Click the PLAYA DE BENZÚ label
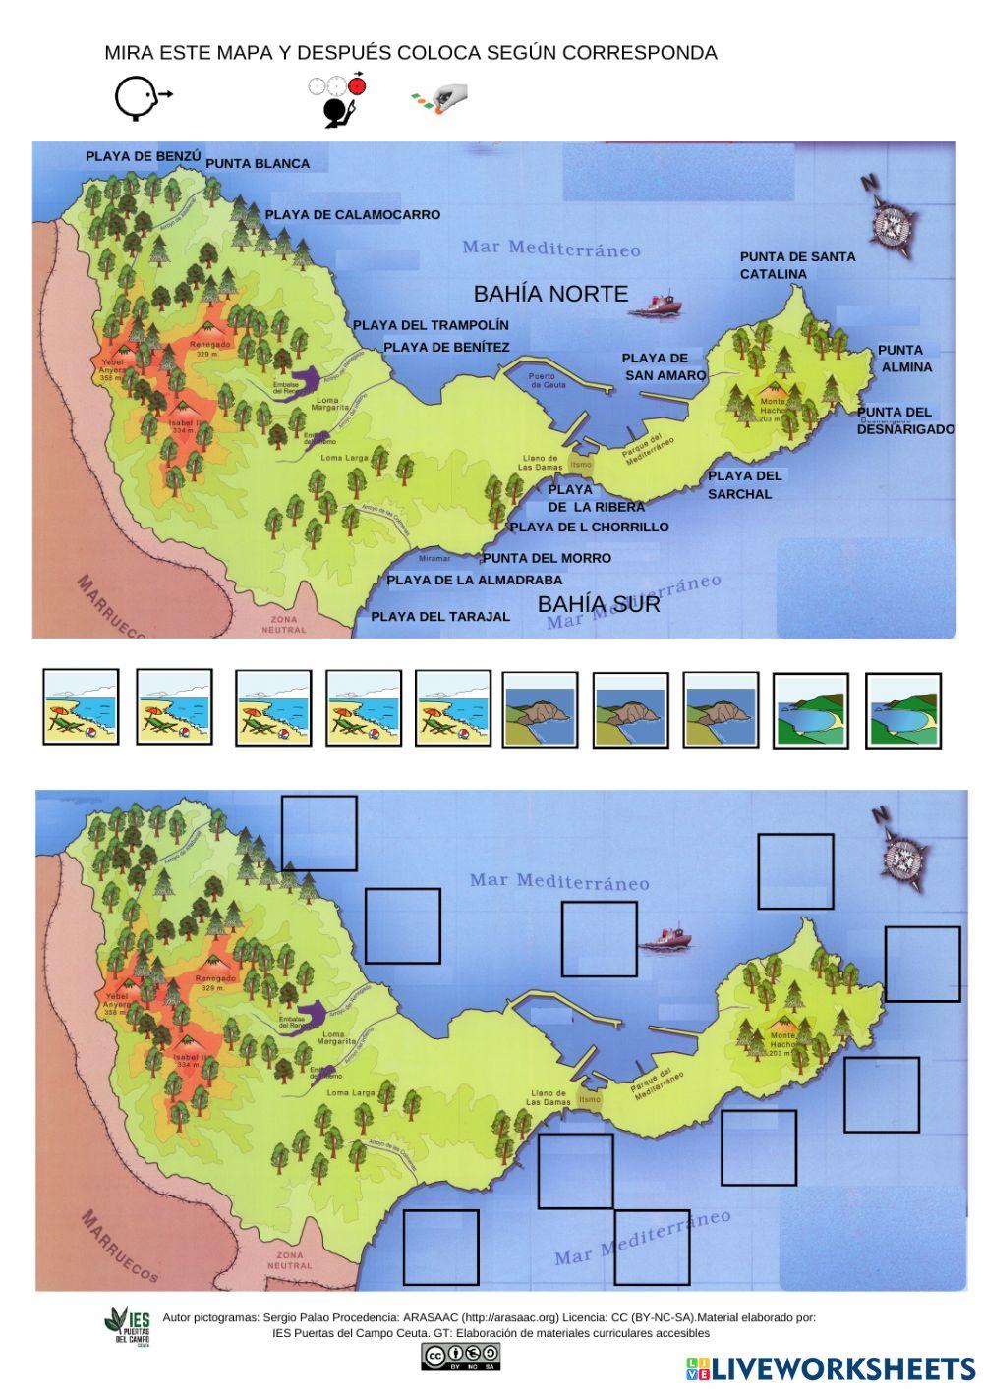[143, 156]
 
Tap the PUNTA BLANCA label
[258, 164]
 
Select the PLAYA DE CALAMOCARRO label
[352, 215]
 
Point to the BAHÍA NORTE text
[550, 294]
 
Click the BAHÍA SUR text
[599, 604]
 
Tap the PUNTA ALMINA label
[903, 359]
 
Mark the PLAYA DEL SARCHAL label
[744, 485]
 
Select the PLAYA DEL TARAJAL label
[440, 617]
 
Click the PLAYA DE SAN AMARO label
[663, 366]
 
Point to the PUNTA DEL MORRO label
[547, 558]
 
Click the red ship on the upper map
[656, 305]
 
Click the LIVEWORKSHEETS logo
[831, 1367]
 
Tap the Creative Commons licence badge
[460, 1357]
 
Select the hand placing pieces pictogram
[438, 98]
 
